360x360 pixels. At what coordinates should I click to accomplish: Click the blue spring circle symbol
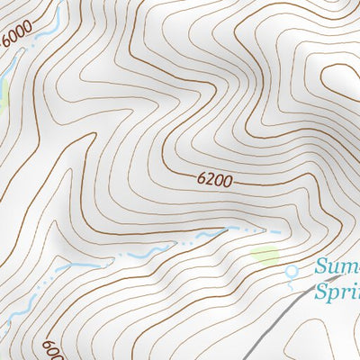point(291,270)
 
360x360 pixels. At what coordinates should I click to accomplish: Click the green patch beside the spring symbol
point(265,256)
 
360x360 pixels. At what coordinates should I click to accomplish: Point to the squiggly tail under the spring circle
point(293,283)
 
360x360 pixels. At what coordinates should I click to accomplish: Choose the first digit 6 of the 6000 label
point(6,43)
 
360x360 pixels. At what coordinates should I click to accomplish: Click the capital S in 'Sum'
point(321,267)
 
